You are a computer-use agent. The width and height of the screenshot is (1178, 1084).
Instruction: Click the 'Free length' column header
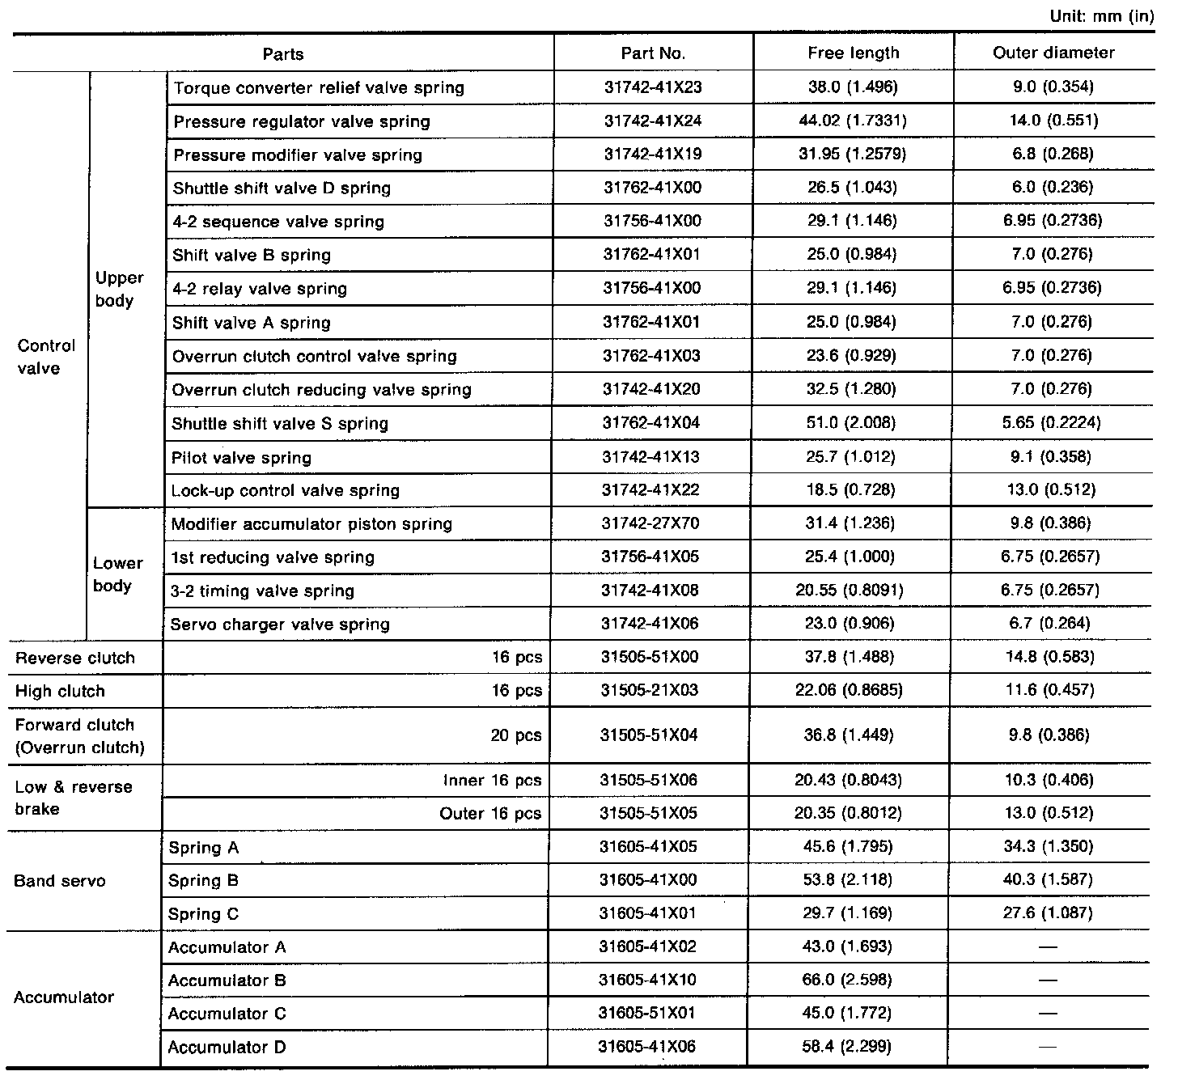853,53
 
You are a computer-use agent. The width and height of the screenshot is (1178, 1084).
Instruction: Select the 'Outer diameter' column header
1053,53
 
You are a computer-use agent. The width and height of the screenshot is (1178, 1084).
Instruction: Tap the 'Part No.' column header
653,53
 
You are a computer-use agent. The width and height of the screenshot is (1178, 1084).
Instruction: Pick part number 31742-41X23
653,87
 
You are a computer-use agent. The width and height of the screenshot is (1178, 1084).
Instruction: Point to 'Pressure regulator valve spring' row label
302,122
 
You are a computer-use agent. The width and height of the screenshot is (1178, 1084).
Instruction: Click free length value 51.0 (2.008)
852,423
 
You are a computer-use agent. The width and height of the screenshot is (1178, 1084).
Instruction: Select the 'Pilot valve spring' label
241,458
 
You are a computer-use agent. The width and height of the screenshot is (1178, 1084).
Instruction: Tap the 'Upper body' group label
119,290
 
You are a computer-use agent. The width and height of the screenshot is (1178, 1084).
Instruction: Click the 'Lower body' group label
117,574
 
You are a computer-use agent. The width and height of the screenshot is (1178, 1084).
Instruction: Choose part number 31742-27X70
650,523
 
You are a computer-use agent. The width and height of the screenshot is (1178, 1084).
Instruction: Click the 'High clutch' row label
60,692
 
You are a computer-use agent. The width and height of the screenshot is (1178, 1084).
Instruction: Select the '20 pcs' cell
516,736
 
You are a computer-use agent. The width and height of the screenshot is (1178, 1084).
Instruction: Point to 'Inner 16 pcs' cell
492,781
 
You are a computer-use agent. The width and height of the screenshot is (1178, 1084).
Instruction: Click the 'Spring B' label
203,881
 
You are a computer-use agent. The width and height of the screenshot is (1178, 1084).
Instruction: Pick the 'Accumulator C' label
227,1014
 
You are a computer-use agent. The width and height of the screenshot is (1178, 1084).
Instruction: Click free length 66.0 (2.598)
847,980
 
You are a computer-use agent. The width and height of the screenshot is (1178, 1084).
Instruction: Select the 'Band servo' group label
60,881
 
